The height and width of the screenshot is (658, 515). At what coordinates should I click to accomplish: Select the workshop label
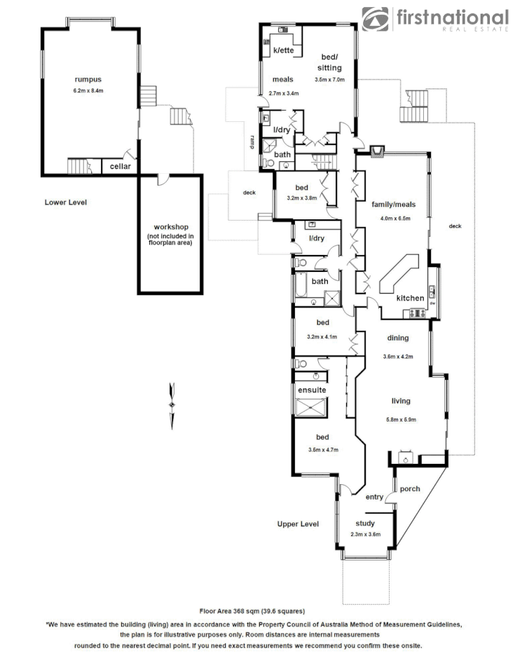[172, 227]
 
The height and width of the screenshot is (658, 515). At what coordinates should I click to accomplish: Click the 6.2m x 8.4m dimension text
[88, 91]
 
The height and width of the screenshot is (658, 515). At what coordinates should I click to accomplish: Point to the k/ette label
[284, 50]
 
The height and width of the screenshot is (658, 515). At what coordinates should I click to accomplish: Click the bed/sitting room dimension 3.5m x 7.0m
[329, 80]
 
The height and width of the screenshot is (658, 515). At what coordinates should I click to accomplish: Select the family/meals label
[393, 205]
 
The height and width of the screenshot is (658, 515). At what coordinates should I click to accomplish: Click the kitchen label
[410, 298]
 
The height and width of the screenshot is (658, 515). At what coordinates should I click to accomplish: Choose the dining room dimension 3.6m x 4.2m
[398, 357]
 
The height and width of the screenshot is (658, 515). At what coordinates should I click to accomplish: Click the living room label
[400, 401]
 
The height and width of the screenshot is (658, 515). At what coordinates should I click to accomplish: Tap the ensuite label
[310, 390]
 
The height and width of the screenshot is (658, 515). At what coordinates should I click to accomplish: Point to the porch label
[410, 488]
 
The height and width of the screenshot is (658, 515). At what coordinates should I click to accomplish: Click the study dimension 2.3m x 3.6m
[365, 534]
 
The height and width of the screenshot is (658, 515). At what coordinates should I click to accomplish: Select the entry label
[374, 497]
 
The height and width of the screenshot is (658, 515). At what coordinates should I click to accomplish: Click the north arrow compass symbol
[171, 404]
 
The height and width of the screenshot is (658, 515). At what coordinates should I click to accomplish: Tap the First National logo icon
[376, 19]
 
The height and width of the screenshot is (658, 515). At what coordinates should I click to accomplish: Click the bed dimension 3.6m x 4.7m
[323, 450]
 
